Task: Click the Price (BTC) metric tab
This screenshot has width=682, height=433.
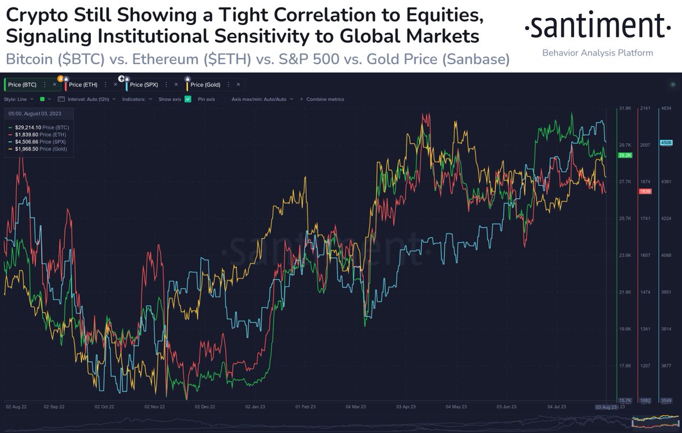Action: click(x=22, y=85)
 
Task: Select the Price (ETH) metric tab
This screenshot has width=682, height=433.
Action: click(x=83, y=85)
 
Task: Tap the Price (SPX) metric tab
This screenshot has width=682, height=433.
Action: click(x=144, y=85)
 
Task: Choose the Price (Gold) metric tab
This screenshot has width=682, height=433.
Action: click(x=205, y=85)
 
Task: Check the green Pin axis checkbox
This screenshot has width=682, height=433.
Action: click(x=188, y=99)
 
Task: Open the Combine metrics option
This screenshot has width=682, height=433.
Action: click(x=325, y=99)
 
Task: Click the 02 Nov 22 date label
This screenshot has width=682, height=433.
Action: click(x=155, y=407)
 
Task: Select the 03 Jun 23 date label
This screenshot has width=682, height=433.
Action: click(x=506, y=407)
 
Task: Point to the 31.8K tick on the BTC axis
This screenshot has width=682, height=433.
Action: click(x=625, y=108)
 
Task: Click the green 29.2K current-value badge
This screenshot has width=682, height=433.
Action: click(x=625, y=155)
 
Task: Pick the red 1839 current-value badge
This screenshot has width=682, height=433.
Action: click(x=645, y=191)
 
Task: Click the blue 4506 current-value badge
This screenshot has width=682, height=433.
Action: click(x=666, y=143)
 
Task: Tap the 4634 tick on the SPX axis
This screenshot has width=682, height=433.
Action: click(x=666, y=108)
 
